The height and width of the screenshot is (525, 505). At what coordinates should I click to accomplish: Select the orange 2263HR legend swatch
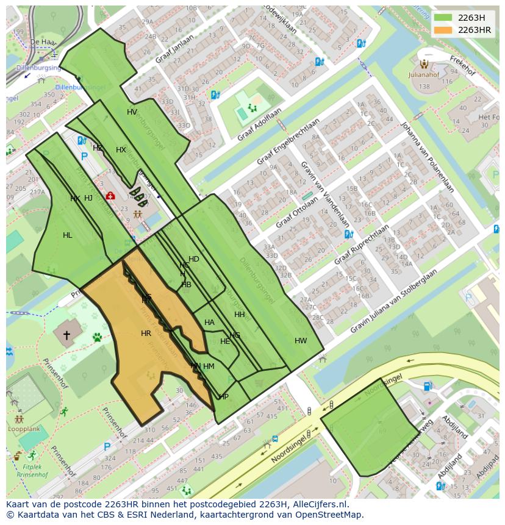click(x=443, y=30)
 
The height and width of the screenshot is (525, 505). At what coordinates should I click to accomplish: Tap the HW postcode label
click(x=301, y=341)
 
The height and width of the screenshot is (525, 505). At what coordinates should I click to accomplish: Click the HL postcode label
click(x=67, y=235)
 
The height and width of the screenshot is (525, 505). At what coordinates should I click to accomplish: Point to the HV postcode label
click(x=132, y=112)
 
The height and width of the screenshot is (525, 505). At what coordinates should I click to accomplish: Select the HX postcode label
click(x=121, y=150)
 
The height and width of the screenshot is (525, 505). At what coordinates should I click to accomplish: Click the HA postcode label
click(x=209, y=323)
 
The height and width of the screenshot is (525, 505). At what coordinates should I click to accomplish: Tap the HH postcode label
click(x=239, y=315)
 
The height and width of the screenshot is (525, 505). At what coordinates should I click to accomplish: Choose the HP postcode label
click(x=223, y=397)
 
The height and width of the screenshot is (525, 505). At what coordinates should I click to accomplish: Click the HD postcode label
click(x=194, y=259)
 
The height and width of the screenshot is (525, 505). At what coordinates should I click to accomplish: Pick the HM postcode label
click(x=209, y=366)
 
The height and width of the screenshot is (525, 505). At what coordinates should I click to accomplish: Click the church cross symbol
click(x=66, y=335)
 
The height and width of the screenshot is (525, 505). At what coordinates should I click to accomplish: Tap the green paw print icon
click(x=97, y=337)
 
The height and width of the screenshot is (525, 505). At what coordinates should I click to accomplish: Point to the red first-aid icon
click(x=110, y=196)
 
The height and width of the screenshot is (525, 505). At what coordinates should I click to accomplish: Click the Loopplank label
click(x=20, y=429)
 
